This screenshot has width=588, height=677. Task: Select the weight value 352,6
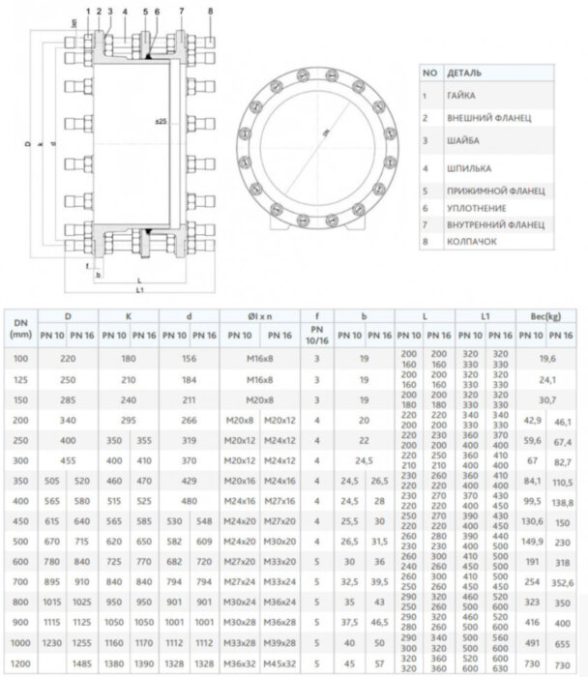click(563, 583)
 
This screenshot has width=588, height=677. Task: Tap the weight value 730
click(563, 664)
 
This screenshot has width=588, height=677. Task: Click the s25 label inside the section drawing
click(161, 122)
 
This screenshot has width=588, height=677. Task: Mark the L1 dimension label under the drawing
click(139, 289)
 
